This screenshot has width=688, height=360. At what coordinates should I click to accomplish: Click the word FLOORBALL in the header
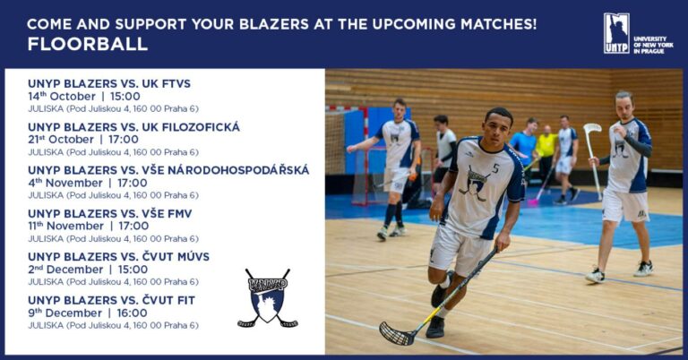pos(87,44)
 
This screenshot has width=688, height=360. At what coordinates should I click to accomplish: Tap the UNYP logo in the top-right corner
pos(616,33)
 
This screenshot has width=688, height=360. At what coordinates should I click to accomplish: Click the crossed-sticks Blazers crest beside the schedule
pos(268,298)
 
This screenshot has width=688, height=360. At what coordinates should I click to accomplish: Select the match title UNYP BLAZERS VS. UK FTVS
pos(109,83)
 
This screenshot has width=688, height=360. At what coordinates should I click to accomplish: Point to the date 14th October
pos(62,97)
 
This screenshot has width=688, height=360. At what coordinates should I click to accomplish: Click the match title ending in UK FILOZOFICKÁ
pos(133,127)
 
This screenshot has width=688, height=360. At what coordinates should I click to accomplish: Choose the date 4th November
pos(64,183)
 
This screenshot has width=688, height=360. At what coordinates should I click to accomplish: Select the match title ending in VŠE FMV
pos(109,213)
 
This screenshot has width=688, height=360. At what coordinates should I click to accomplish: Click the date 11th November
pos(65,226)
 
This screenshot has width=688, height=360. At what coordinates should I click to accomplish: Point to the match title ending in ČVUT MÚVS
pos(118,256)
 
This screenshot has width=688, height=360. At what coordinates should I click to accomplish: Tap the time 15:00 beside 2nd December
pos(133,270)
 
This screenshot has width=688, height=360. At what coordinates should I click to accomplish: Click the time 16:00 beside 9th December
pos(132,313)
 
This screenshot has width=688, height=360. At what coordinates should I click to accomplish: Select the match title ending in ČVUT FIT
pos(111,300)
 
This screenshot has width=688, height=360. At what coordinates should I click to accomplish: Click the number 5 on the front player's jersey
pos(495,168)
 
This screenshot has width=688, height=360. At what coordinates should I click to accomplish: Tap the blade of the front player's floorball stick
pos(397,335)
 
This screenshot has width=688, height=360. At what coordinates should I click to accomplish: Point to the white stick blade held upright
pos(591,128)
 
